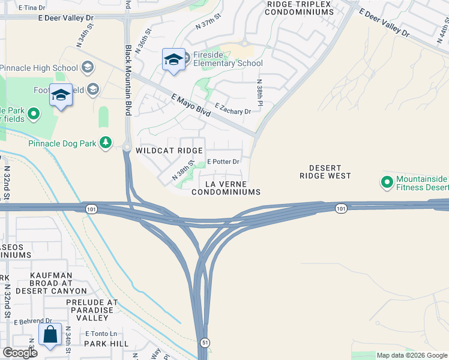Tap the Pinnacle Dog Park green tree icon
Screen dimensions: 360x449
pos(106,143)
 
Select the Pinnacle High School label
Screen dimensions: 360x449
pos(39,68)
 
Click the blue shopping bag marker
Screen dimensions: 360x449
pos(50,335)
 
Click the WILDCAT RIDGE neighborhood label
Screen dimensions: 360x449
pos(169,151)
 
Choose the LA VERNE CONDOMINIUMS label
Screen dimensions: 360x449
pos(226,187)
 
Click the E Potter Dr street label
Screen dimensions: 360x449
pos(223,162)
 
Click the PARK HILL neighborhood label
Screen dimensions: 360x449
pos(106,344)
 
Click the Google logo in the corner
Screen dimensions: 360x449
pos(20,353)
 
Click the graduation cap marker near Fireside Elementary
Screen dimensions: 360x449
pos(173,60)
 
